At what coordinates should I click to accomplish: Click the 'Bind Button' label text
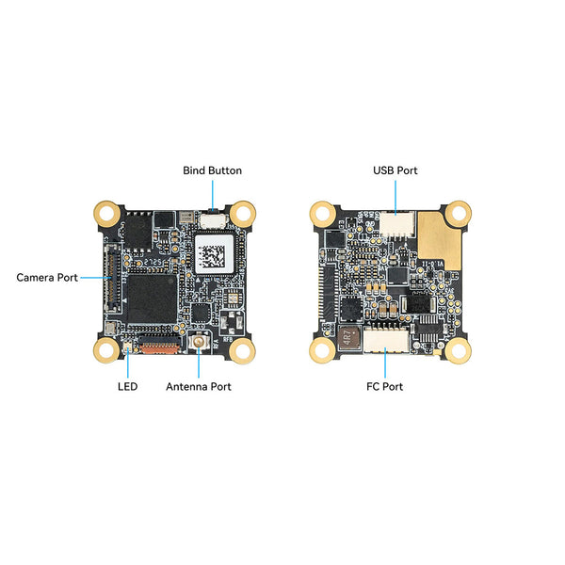[212, 170]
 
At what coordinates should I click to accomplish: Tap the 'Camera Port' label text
[47, 278]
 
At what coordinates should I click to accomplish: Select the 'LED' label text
[127, 387]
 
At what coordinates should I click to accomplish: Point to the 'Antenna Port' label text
[199, 387]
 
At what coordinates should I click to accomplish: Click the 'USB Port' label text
[395, 170]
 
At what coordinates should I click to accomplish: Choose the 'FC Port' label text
[385, 387]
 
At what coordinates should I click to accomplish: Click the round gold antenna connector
[198, 342]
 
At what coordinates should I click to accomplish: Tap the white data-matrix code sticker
[214, 254]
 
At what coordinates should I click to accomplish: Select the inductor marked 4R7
[349, 338]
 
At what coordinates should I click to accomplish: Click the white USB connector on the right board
[396, 224]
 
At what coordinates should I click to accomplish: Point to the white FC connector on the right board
[386, 340]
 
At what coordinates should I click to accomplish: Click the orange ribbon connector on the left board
[159, 345]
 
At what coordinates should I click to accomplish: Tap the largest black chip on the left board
[152, 299]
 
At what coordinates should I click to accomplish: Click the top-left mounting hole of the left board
[107, 214]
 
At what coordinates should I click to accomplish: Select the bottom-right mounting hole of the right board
[458, 350]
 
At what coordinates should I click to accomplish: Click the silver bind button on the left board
[214, 220]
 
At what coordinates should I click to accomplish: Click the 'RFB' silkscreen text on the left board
[228, 339]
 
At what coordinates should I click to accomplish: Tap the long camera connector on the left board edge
[112, 278]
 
